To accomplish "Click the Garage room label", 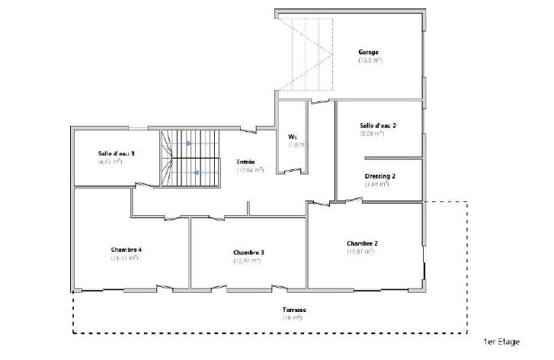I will pos(370,53).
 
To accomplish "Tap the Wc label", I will pos(293,137).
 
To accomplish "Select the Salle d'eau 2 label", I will pos(378,126).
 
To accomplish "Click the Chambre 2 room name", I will pos(362,244).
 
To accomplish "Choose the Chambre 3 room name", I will pos(248,252).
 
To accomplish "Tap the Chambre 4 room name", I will pos(126,250).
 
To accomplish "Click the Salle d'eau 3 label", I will pos(117,153).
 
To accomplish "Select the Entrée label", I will pos(246,162).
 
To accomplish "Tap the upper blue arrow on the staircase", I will pos(188,143).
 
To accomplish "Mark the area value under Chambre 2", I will pos(361,252).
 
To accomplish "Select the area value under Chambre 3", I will pos(248,261).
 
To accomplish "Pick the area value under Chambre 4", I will pos(124,259).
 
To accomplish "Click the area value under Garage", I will pos(370,60).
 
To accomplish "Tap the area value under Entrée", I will pos(250,170).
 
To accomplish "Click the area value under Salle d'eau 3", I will pos(110,162).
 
